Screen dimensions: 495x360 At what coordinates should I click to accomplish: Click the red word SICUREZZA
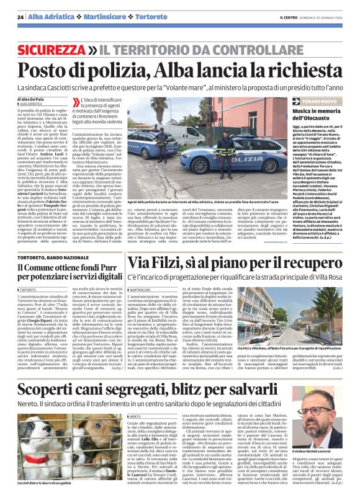52,49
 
